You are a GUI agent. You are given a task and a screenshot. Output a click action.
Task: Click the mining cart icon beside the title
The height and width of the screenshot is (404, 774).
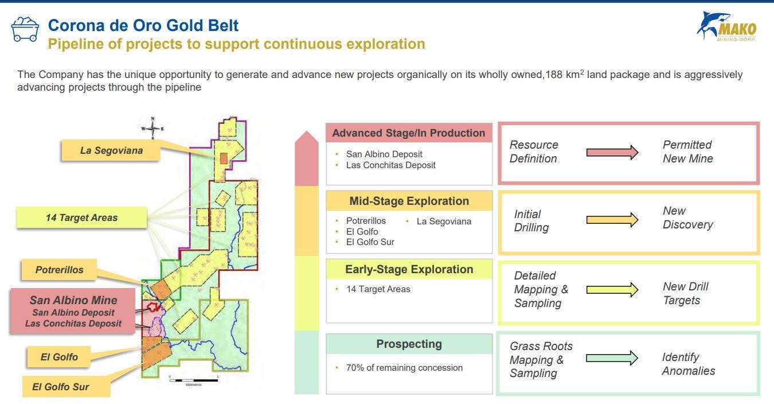pyautogui.click(x=25, y=29)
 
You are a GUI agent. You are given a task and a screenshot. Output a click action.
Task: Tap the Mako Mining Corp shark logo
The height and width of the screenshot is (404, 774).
pyautogui.click(x=726, y=26)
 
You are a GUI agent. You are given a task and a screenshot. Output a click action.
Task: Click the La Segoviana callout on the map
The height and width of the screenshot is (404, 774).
pyautogui.click(x=111, y=150)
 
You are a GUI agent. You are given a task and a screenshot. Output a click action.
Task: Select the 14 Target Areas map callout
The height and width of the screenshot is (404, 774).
pyautogui.click(x=81, y=217)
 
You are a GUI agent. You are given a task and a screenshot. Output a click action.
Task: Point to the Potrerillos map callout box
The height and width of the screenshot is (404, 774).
pyautogui.click(x=59, y=270)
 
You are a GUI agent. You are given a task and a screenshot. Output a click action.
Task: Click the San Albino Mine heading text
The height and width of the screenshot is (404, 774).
pyautogui.click(x=73, y=300)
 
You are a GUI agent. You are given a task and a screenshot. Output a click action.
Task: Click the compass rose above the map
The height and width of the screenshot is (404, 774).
pyautogui.click(x=153, y=128)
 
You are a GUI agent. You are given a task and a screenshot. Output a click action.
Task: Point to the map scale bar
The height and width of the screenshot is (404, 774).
pyautogui.click(x=194, y=380)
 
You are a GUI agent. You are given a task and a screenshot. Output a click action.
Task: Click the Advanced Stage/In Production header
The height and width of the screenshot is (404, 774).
pyautogui.click(x=409, y=133)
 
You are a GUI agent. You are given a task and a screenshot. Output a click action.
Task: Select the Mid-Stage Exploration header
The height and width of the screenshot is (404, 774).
pyautogui.click(x=409, y=201)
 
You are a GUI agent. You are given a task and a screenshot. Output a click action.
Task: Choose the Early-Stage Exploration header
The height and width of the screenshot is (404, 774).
pyautogui.click(x=409, y=269)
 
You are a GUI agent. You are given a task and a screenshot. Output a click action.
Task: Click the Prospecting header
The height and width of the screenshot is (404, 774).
pyautogui.click(x=409, y=344)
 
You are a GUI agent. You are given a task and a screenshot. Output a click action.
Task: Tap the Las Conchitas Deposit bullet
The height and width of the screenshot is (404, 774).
pyautogui.click(x=390, y=165)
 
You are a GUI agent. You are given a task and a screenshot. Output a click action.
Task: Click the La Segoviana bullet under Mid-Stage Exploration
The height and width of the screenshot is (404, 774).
pyautogui.click(x=444, y=222)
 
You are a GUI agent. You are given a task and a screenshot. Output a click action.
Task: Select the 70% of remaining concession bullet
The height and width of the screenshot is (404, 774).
pyautogui.click(x=404, y=368)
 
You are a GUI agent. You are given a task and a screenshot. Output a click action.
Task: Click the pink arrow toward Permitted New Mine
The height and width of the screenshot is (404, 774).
pyautogui.click(x=612, y=152)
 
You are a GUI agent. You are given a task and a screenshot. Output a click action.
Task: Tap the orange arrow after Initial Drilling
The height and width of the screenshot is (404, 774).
pyautogui.click(x=612, y=220)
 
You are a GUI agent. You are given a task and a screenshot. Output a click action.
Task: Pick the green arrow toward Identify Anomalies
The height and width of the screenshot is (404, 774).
pyautogui.click(x=612, y=358)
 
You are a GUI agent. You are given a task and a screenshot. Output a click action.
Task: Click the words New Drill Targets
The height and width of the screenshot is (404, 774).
pyautogui.click(x=686, y=293)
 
